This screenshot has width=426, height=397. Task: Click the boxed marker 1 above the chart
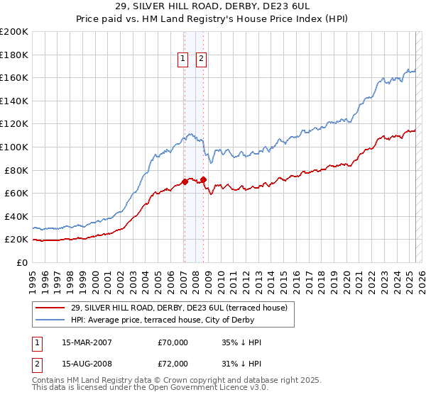coord(183,59)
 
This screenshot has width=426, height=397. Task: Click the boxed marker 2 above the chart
coord(202,59)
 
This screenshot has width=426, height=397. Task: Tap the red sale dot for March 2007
coord(185,181)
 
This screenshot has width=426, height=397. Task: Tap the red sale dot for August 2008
coord(203,179)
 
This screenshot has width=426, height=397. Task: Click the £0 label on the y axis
coord(22,262)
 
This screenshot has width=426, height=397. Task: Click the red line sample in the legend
coord(50,308)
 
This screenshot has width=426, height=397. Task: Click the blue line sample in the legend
coord(50,320)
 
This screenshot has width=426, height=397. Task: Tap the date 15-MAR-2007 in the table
coord(87,342)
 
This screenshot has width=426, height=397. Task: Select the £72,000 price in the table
coord(173,364)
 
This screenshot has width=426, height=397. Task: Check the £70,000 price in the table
coord(173,342)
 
